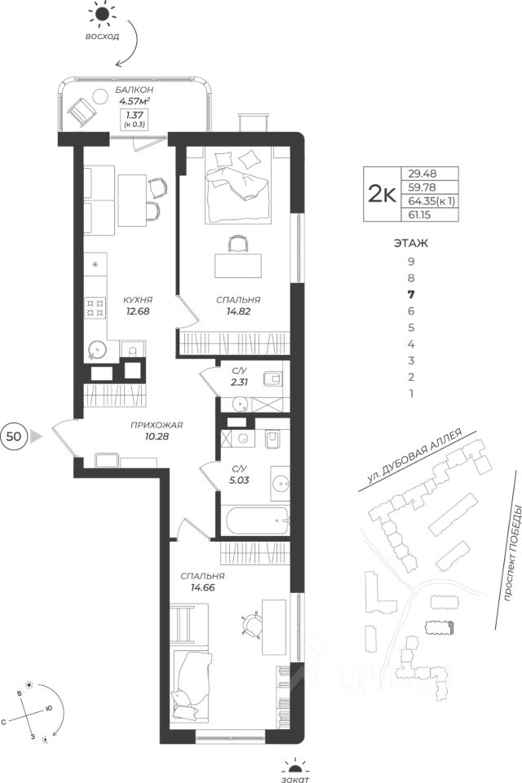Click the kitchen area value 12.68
[x=137, y=311]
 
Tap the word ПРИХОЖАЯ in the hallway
[x=157, y=426]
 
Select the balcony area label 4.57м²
[x=135, y=101]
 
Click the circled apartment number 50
[x=14, y=436]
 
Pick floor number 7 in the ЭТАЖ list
[x=411, y=294]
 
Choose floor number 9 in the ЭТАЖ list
[x=411, y=261]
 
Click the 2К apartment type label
[x=382, y=194]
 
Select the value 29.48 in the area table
[x=422, y=174]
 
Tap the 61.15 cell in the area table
[x=419, y=215]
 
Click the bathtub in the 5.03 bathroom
[x=257, y=521]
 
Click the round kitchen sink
[x=95, y=350]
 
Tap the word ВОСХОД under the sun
[x=102, y=37]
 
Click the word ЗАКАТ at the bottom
[x=294, y=778]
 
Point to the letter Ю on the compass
[x=49, y=709]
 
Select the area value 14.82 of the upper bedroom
[x=238, y=311]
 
